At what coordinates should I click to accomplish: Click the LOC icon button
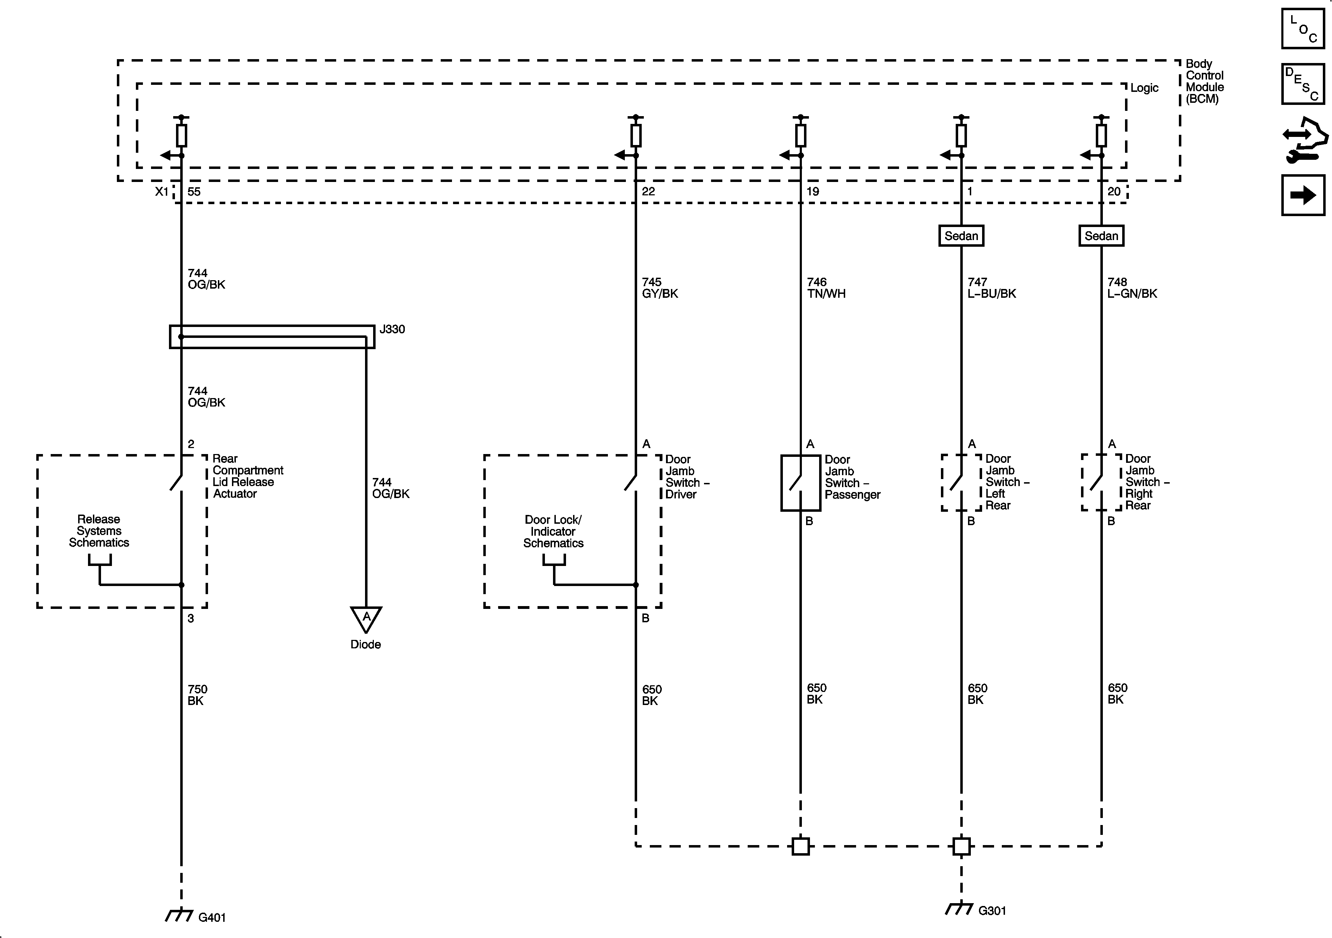(x=1303, y=29)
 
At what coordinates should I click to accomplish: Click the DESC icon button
(x=1303, y=84)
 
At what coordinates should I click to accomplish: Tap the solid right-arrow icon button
(x=1303, y=195)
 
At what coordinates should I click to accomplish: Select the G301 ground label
(x=992, y=910)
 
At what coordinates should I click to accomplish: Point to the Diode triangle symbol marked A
(x=366, y=618)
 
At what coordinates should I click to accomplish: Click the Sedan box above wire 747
(x=961, y=235)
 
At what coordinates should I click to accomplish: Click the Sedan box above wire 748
(x=1101, y=235)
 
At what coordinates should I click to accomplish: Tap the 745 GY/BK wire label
(x=660, y=288)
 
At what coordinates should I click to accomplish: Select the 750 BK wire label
(x=197, y=695)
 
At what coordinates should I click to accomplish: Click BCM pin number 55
(x=194, y=191)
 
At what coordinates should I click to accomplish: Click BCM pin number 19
(x=813, y=191)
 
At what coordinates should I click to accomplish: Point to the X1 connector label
(x=162, y=191)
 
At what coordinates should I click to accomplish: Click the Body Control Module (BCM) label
(x=1204, y=81)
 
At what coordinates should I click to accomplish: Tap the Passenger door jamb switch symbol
(x=800, y=483)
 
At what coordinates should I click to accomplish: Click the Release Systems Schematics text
(x=99, y=531)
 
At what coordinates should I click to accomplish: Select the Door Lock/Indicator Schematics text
(x=553, y=531)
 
